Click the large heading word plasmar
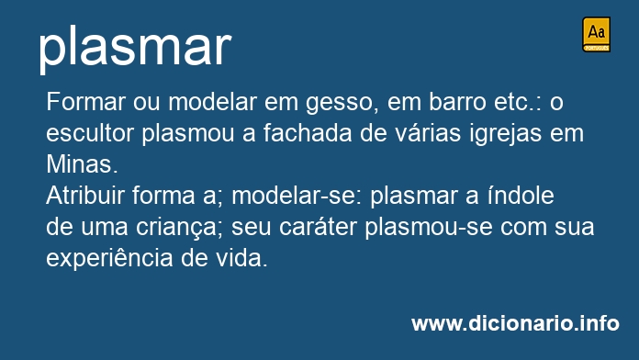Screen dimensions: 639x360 (135, 48)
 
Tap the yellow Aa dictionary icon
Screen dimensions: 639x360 (596, 34)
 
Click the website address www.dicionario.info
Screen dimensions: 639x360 (515, 323)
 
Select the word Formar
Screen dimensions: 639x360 (85, 102)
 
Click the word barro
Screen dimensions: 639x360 (457, 102)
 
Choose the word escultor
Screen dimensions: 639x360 (90, 133)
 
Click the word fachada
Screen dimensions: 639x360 (308, 133)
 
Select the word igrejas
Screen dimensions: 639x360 (505, 135)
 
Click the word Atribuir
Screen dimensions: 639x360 (85, 196)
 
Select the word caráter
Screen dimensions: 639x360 (318, 227)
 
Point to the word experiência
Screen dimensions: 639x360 (109, 259)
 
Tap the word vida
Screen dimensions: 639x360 (241, 258)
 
